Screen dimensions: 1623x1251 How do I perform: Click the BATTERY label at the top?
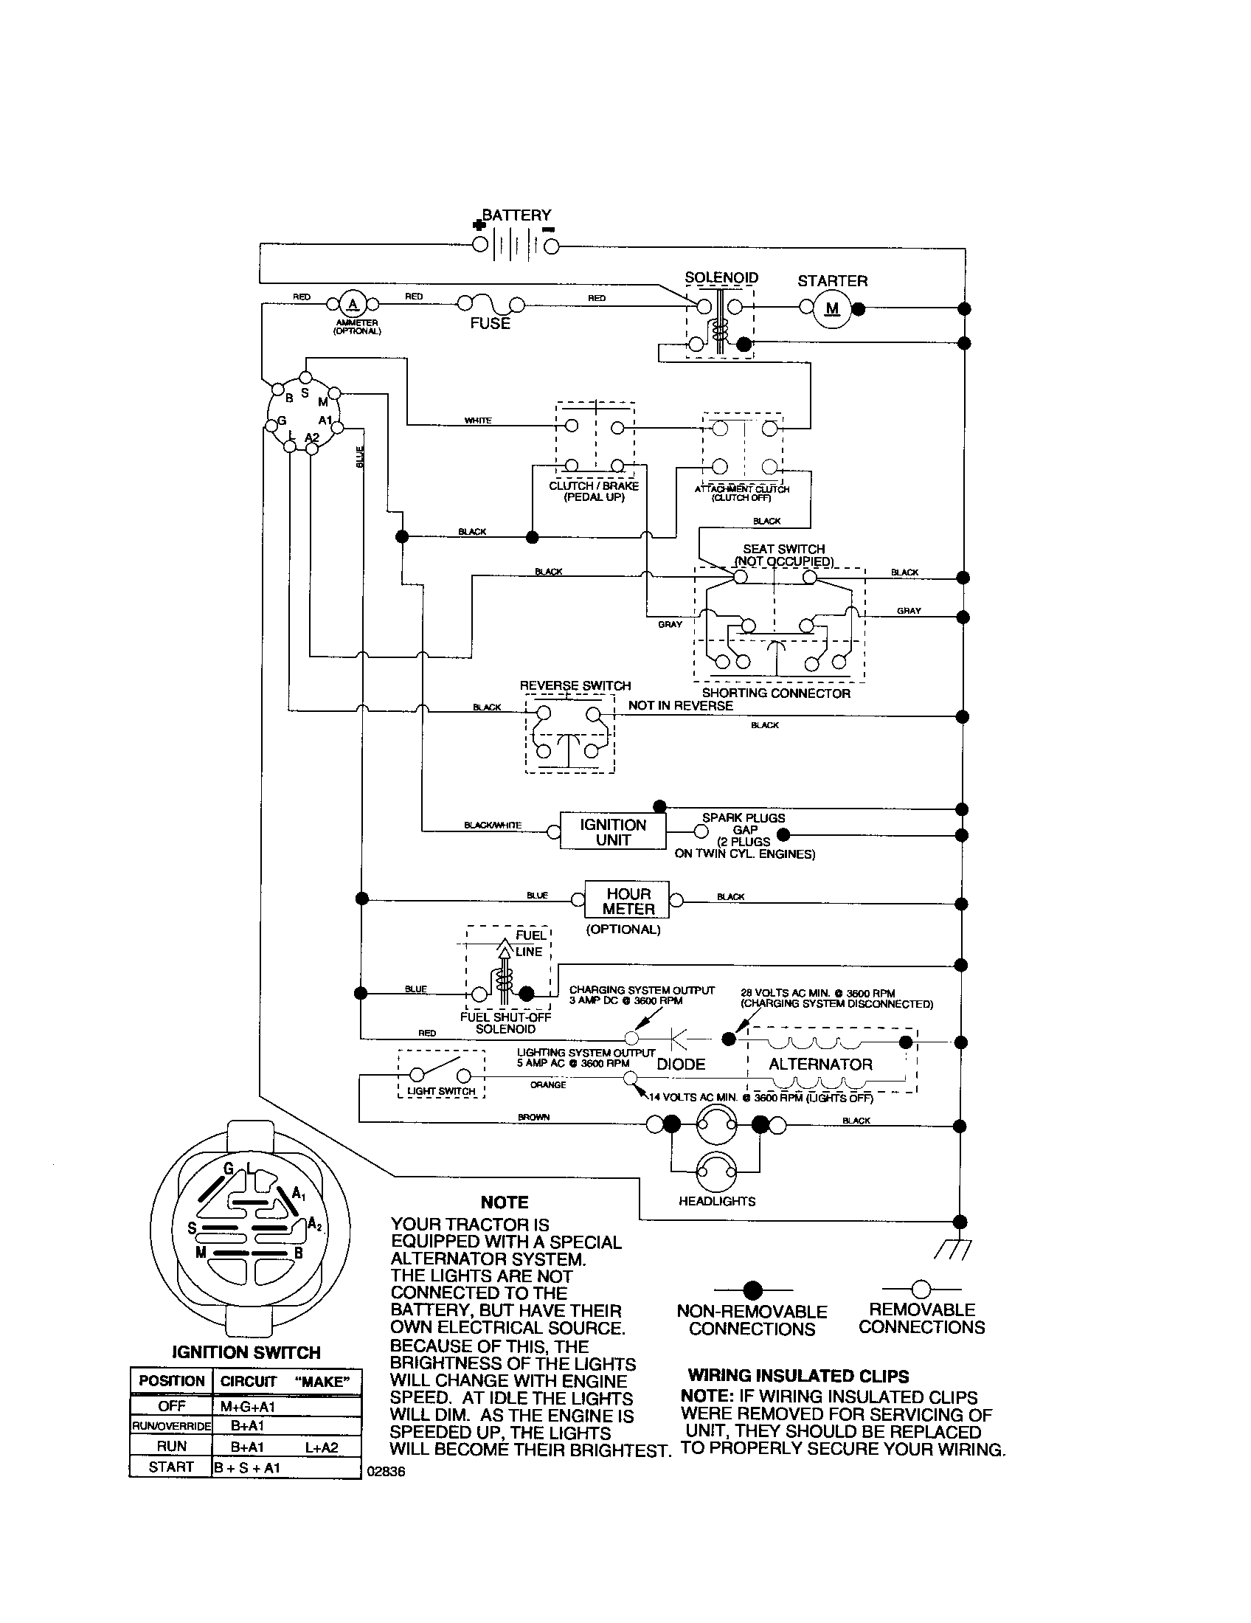click(x=516, y=215)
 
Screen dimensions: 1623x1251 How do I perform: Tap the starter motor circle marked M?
click(x=832, y=308)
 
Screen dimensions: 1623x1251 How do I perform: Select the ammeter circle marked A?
click(x=353, y=304)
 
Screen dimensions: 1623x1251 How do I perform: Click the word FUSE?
click(x=490, y=324)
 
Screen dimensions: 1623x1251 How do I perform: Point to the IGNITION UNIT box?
click(x=613, y=832)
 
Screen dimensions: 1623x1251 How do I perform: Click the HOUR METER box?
click(x=628, y=902)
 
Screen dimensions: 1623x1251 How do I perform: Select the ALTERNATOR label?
click(x=820, y=1064)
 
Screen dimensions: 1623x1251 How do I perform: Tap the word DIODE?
click(x=681, y=1064)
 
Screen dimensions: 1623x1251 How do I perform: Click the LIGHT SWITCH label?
click(x=440, y=1091)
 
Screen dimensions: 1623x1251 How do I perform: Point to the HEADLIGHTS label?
click(x=717, y=1201)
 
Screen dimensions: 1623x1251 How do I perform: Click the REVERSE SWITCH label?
click(x=575, y=685)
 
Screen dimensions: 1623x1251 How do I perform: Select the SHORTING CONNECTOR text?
click(x=775, y=693)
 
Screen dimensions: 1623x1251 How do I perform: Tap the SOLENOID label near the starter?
click(x=721, y=278)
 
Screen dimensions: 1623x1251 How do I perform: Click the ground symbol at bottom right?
click(x=953, y=1250)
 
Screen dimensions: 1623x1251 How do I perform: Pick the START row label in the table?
click(x=171, y=1466)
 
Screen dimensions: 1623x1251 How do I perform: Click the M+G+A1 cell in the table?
click(x=248, y=1406)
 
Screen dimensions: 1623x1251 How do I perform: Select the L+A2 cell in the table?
click(x=322, y=1446)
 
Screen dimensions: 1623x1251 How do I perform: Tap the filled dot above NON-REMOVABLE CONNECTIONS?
click(x=752, y=1290)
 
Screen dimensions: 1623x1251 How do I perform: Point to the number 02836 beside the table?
click(x=387, y=1472)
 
